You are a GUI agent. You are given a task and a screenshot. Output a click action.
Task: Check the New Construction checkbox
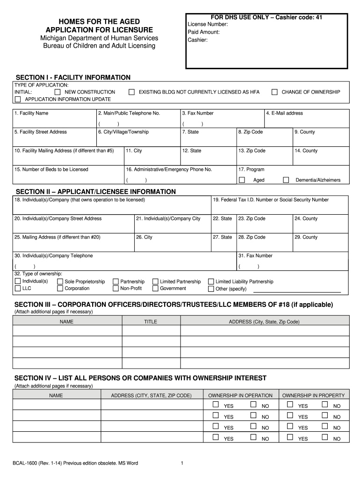[58, 92]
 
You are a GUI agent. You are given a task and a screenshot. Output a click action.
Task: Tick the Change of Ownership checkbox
[274, 92]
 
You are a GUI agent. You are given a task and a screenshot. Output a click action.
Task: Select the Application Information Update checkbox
[18, 99]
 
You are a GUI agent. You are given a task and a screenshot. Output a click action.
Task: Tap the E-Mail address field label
[284, 113]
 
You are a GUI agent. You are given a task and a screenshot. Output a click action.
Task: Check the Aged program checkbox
[242, 180]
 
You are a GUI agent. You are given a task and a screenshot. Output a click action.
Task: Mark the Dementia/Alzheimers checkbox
[286, 180]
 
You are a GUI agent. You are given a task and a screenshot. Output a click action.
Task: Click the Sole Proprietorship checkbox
[60, 282]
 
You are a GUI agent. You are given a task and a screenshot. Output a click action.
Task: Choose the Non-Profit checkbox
[115, 289]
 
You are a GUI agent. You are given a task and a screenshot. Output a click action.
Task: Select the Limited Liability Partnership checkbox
[211, 282]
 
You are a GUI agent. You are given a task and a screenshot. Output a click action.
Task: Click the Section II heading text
[96, 192]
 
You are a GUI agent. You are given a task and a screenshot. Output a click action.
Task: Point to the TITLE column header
[151, 322]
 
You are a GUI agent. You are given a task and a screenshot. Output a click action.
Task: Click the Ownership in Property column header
[313, 395]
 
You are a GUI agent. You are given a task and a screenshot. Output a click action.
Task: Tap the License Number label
[208, 24]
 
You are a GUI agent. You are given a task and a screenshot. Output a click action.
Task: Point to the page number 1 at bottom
[181, 464]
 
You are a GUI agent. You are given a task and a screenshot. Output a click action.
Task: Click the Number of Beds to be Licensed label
[51, 169]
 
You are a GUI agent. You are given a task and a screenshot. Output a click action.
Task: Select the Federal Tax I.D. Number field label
[271, 200]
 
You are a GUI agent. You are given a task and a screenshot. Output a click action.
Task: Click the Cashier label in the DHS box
[197, 40]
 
